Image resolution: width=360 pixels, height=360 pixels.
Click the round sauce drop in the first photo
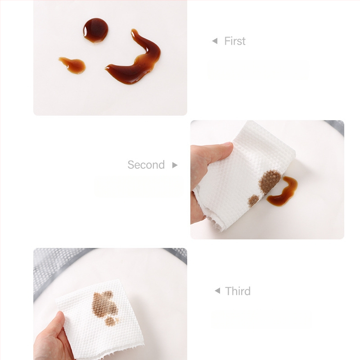[95, 30]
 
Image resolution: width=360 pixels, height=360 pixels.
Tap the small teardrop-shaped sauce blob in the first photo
[73, 65]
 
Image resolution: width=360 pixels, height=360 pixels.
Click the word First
[234, 41]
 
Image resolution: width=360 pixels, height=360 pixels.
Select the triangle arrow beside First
[215, 41]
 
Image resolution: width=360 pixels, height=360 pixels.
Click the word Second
[146, 165]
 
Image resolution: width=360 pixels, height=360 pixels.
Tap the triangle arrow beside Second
[175, 165]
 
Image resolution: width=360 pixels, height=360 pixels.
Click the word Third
[238, 291]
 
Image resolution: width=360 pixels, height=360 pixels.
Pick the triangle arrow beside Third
[217, 291]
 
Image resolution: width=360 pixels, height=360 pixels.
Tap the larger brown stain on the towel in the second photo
[270, 181]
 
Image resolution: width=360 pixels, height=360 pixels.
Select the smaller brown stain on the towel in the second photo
[253, 200]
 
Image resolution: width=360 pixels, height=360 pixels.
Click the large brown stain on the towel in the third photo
[104, 303]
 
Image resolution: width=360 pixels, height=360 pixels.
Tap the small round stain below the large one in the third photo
[110, 321]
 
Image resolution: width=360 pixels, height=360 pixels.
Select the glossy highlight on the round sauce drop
[85, 31]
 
